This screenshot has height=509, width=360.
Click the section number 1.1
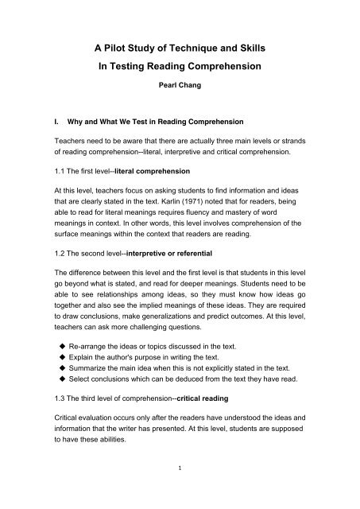click(54, 172)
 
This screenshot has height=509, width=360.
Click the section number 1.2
click(54, 253)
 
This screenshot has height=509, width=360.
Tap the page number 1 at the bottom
click(179, 492)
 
